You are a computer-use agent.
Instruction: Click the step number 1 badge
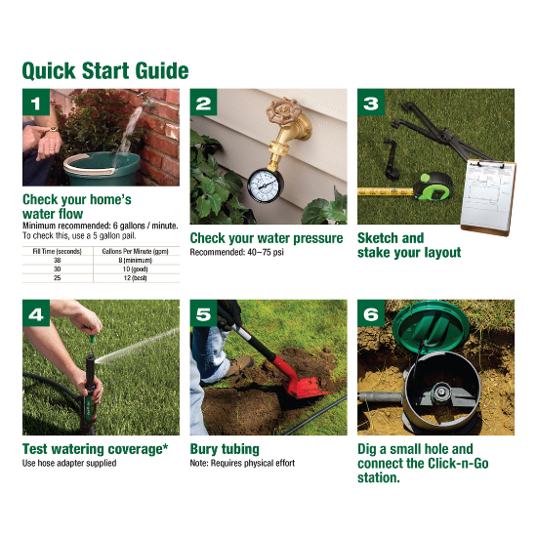point(36,103)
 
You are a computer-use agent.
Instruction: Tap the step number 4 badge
point(36,313)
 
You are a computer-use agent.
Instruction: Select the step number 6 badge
point(371,313)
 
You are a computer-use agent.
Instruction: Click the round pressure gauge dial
point(266,186)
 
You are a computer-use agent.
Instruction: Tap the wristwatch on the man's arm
point(53,130)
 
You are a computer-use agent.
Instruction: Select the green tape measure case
point(433,186)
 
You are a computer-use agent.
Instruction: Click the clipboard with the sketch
point(488,197)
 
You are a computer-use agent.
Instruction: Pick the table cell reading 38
point(58,261)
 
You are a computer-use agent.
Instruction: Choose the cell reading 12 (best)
point(136,278)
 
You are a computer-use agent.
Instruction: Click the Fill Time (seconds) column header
point(58,251)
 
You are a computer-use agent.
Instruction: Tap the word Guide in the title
point(162,71)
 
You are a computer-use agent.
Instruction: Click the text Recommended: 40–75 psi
point(236,253)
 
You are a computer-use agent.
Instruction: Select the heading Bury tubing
point(225,449)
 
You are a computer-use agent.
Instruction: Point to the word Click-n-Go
point(458,464)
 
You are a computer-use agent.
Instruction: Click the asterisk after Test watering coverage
point(165,446)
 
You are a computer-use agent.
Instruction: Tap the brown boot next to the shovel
point(240,366)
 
